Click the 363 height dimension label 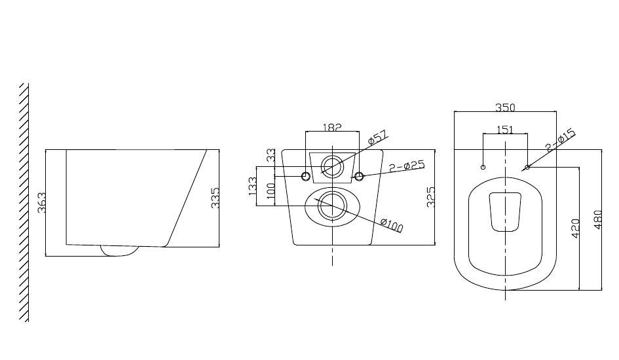coord(41,202)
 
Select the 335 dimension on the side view coord(215,198)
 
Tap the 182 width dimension coord(332,128)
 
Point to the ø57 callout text coord(377,137)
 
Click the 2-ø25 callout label coord(407,166)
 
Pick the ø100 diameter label coord(392,225)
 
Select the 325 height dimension coord(431,197)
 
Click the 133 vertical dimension coord(252,186)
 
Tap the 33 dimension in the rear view coord(271,154)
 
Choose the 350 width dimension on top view coord(505,107)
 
